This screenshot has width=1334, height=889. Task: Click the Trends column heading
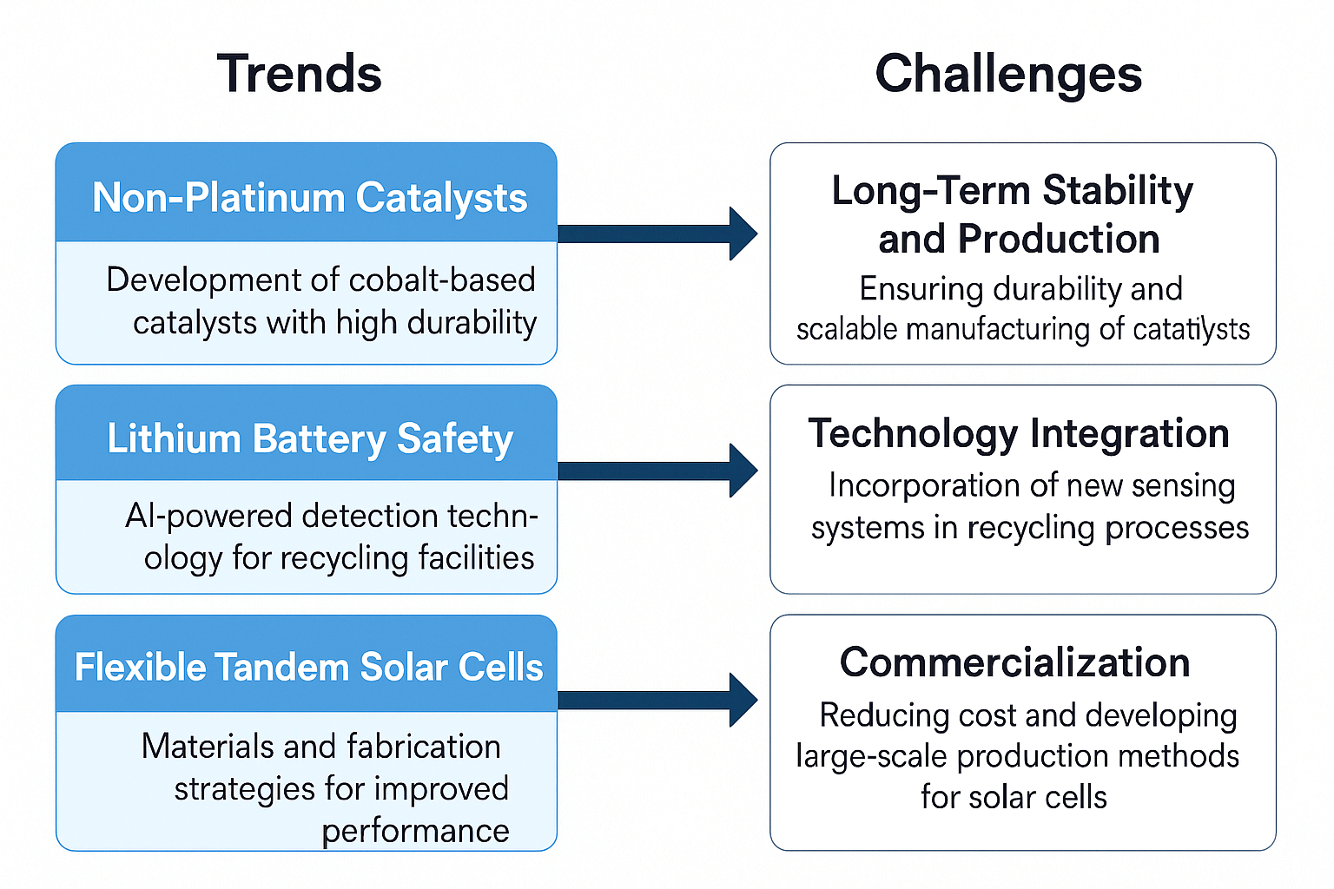click(299, 73)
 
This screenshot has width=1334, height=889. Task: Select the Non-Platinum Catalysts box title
click(310, 198)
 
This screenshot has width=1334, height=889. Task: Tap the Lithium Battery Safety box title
click(310, 439)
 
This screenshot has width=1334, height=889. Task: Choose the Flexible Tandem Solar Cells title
click(308, 666)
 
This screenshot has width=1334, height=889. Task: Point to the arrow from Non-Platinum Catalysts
click(657, 234)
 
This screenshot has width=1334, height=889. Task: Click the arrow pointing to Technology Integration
click(657, 471)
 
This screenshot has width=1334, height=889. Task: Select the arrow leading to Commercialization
click(657, 701)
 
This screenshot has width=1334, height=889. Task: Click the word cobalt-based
click(442, 280)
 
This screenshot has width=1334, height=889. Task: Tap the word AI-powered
click(208, 517)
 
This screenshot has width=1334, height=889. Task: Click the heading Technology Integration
click(1019, 434)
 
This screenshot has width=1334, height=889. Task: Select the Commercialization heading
click(1014, 662)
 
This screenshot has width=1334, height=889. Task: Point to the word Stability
click(1118, 192)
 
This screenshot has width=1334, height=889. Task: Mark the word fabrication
click(424, 747)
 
